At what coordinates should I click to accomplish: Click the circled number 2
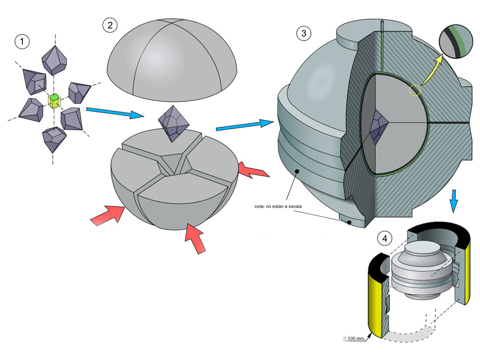[109, 25]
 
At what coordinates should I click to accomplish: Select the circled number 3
[303, 34]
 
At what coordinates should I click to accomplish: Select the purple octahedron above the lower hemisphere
[174, 122]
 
